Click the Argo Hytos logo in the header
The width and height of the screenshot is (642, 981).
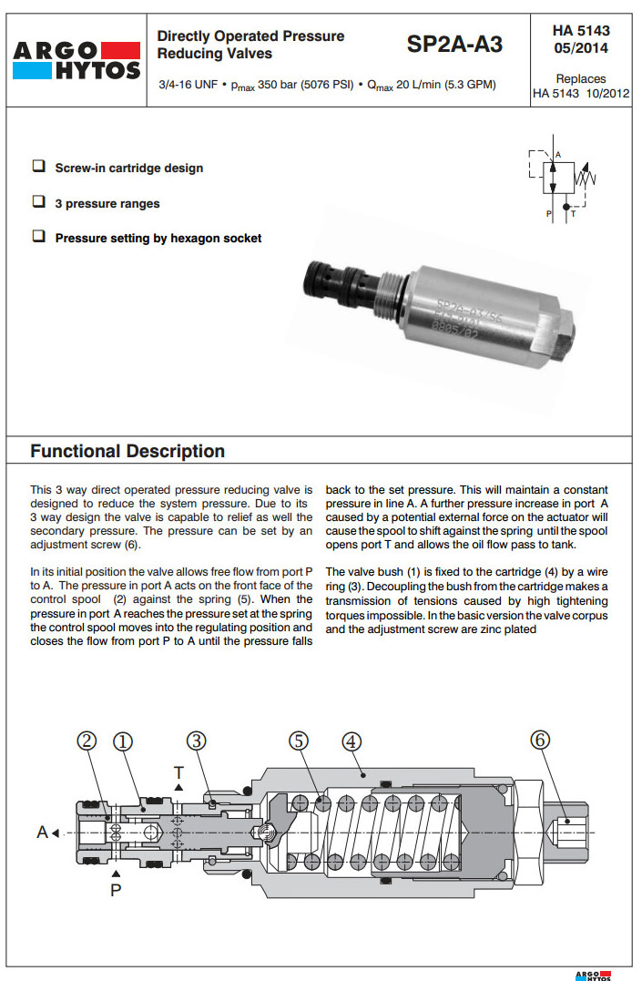(76, 59)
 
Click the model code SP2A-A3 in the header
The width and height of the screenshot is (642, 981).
(454, 45)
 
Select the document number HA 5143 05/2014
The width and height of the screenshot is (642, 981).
(581, 39)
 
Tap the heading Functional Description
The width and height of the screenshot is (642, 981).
(127, 451)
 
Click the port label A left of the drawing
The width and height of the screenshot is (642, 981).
(42, 832)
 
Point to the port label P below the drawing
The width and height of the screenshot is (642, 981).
(116, 889)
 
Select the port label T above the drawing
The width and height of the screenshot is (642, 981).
(178, 772)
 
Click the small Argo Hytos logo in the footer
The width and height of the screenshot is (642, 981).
(594, 975)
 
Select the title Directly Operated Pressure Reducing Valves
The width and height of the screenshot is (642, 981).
(250, 45)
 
